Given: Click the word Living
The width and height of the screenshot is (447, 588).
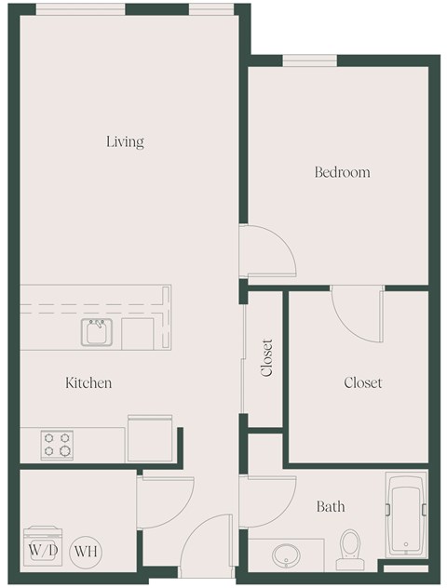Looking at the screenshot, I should point(125,142).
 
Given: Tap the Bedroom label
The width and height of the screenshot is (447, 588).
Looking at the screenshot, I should point(342,172).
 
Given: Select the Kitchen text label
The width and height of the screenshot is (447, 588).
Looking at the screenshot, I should point(88,382).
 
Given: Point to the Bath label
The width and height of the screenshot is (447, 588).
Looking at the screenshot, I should point(331,506).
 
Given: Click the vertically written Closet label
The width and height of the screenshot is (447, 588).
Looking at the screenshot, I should point(267,357).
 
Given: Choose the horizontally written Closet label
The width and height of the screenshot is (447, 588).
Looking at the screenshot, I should point(362,382).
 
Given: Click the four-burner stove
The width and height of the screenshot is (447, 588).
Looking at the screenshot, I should point(57,445).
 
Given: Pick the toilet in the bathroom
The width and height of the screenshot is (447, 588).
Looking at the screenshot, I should point(349,549).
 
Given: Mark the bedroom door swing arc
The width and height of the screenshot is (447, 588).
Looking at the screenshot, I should point(267,249).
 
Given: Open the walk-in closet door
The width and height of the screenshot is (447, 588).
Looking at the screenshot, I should point(358,313).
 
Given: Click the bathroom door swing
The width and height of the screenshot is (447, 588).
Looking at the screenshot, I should point(265,502).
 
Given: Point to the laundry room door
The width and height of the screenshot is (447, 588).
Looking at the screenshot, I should point(165,502).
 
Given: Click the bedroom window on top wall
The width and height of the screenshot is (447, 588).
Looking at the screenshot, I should point(309,61).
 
